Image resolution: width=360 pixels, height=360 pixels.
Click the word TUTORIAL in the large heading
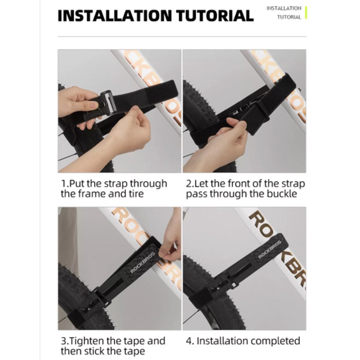(215, 16)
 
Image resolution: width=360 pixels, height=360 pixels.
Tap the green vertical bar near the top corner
(306, 12)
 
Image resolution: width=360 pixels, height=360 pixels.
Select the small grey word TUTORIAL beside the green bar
(289, 17)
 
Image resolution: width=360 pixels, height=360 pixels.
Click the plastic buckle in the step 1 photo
(107, 102)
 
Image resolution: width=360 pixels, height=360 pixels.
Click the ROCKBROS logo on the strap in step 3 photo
(142, 262)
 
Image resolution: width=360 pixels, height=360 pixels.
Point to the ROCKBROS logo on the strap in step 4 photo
(270, 249)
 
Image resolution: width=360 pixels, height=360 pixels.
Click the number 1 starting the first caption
(64, 184)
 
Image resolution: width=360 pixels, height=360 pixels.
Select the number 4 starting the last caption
(189, 341)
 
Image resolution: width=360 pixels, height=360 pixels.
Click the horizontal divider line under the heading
(182, 37)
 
